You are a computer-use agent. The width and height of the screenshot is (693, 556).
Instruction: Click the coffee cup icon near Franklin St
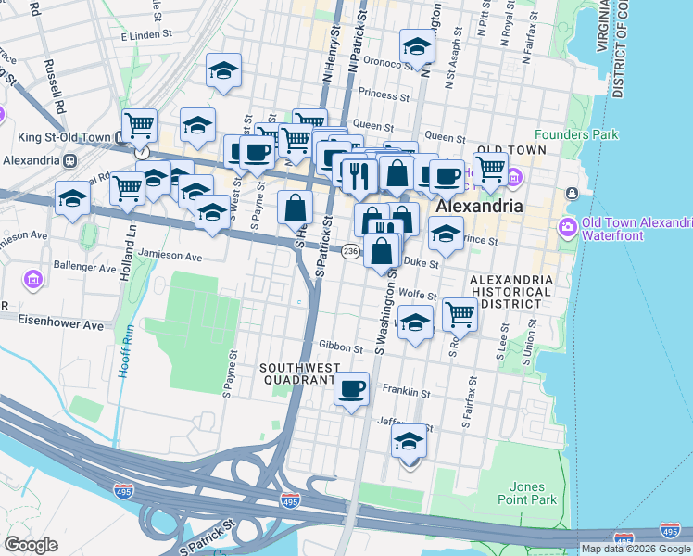pos(351,389)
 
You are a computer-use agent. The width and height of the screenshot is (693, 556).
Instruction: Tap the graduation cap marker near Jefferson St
pos(409,442)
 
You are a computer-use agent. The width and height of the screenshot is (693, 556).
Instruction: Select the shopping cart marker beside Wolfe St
pos(459,315)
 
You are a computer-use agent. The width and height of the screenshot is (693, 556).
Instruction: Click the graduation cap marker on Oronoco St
pos(417,46)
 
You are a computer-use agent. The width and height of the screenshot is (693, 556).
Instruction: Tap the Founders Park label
pos(581,135)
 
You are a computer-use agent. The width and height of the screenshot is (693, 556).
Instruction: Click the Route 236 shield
pos(350,252)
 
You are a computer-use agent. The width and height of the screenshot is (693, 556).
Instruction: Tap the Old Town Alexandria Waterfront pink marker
pos(565,227)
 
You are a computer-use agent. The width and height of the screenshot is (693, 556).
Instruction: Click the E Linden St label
pos(148,36)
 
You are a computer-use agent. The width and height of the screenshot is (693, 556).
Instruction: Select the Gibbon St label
pos(341,348)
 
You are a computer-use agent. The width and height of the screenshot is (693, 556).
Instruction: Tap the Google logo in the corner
pos(31,545)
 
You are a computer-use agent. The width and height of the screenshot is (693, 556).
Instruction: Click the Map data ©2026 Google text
pos(636,549)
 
